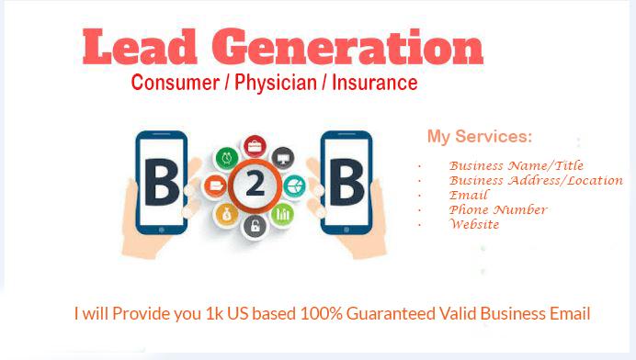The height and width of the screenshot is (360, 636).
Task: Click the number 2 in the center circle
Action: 255,186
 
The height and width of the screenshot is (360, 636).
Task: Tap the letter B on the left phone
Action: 160,185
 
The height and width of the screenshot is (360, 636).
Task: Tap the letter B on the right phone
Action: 346,185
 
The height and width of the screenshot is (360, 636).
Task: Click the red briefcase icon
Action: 256,145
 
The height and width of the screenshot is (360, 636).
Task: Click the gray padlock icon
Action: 255,227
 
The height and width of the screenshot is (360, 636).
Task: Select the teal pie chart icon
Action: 293,186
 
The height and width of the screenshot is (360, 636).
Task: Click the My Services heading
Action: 479,137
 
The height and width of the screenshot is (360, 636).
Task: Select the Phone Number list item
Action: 497,209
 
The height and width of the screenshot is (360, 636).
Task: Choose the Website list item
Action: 474,224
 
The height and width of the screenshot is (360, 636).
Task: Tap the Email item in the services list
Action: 469,195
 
